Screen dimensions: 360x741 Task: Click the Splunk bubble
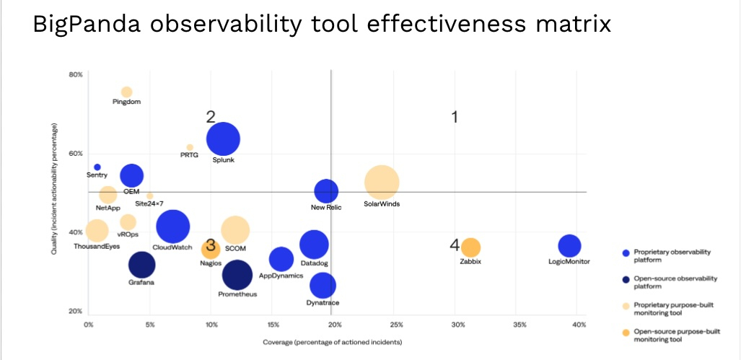tap(223, 139)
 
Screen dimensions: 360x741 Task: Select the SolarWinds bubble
tap(382, 183)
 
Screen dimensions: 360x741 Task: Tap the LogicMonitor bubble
tap(569, 246)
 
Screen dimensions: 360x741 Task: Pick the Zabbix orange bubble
tap(470, 247)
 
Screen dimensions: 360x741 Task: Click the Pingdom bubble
tap(126, 92)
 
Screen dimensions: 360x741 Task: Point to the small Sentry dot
tap(97, 167)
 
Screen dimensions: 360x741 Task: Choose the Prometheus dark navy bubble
tap(237, 274)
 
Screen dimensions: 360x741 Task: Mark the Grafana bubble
tap(141, 265)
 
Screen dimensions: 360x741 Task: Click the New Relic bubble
tap(326, 190)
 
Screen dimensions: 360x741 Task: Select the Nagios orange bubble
tap(210, 250)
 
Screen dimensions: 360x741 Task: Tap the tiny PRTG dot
tap(190, 147)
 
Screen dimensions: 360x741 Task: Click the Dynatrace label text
tap(323, 303)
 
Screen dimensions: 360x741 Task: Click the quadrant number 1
tap(455, 117)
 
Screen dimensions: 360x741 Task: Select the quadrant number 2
tap(211, 117)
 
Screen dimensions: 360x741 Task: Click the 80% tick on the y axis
tap(76, 74)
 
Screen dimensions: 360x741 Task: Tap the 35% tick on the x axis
tap(519, 325)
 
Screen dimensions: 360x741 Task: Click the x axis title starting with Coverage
tap(332, 341)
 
